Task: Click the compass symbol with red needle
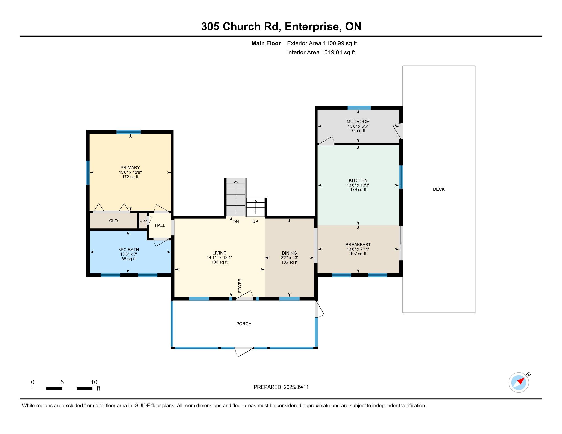[519, 382]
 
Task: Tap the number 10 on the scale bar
[94, 382]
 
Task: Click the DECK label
[439, 189]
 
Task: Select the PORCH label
[244, 324]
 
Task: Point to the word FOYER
[240, 285]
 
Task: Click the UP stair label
[255, 221]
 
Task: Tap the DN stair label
[236, 221]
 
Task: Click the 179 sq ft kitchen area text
[358, 190]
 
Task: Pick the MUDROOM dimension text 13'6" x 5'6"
[358, 126]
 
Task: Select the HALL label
[160, 225]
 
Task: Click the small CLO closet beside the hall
[143, 221]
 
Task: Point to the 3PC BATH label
[129, 250]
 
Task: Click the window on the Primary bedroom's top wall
[129, 132]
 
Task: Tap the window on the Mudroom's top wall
[359, 108]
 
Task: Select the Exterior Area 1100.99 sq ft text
[322, 43]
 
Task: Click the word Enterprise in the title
[312, 27]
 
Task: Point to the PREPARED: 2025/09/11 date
[281, 387]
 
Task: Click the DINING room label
[289, 253]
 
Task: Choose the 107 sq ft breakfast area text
[358, 254]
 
